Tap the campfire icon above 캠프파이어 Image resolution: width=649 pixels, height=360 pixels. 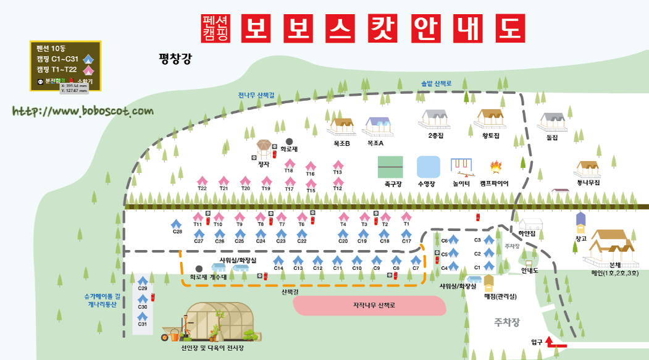tap(495, 167)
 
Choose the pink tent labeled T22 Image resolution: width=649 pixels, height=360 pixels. tap(202, 180)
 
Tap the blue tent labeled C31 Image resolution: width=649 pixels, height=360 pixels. tap(143, 317)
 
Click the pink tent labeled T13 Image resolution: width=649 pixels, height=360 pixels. tap(338, 165)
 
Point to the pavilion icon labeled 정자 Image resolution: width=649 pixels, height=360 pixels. tap(264, 149)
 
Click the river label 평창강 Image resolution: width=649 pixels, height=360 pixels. tap(175, 59)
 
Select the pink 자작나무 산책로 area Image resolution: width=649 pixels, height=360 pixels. tap(369, 306)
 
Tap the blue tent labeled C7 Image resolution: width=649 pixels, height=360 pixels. tap(416, 261)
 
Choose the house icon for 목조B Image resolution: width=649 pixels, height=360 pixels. tap(340, 127)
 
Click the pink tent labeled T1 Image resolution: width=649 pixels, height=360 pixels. tap(406, 217)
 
